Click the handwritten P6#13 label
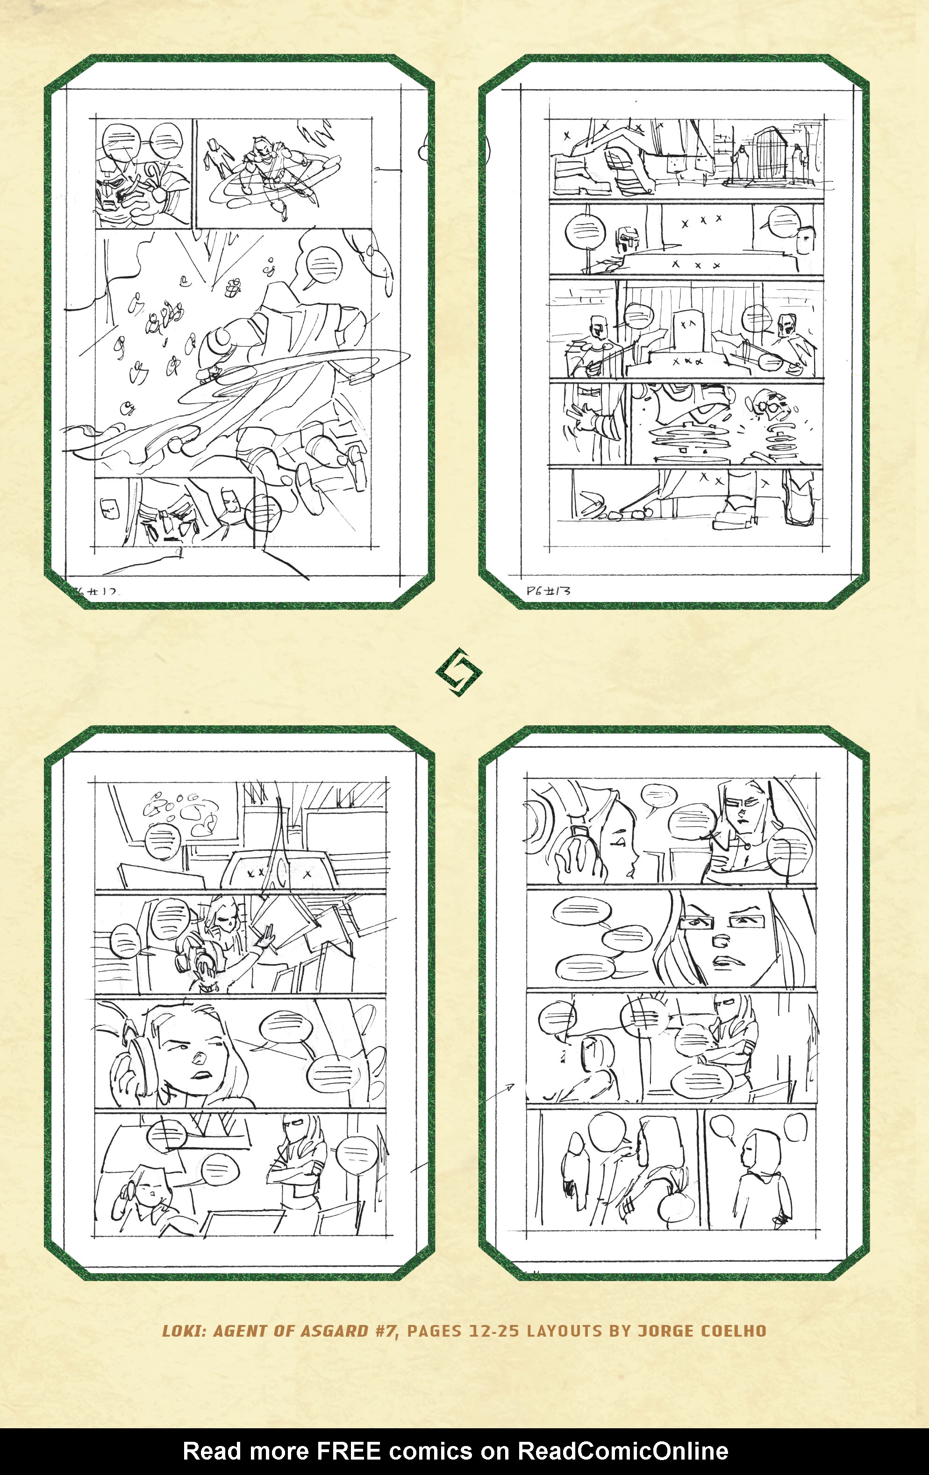tap(548, 591)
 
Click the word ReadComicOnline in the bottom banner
tap(623, 1451)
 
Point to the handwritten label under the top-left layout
tap(98, 592)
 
